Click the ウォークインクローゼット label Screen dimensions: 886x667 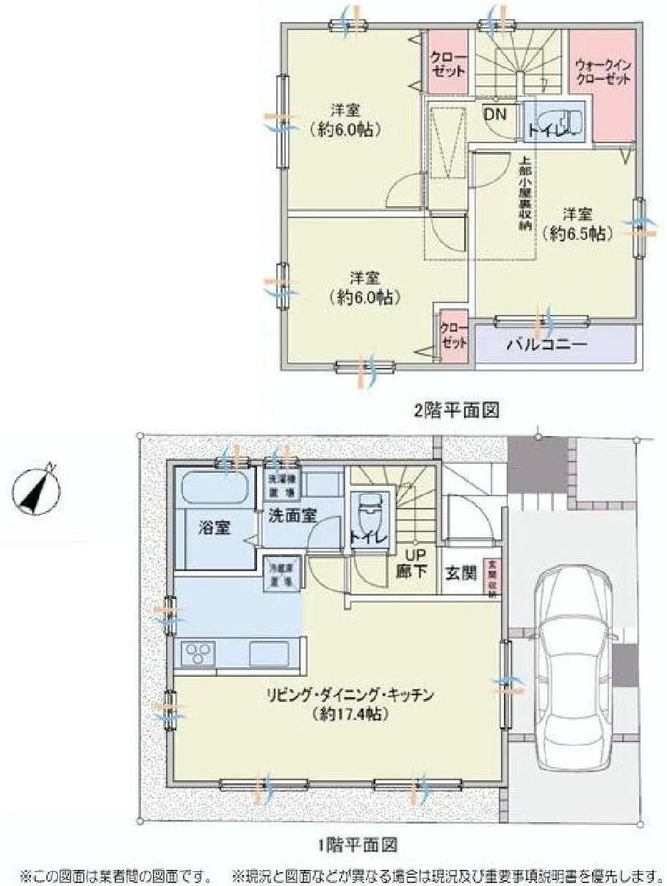click(x=604, y=72)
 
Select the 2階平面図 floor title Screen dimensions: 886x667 click(x=456, y=410)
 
